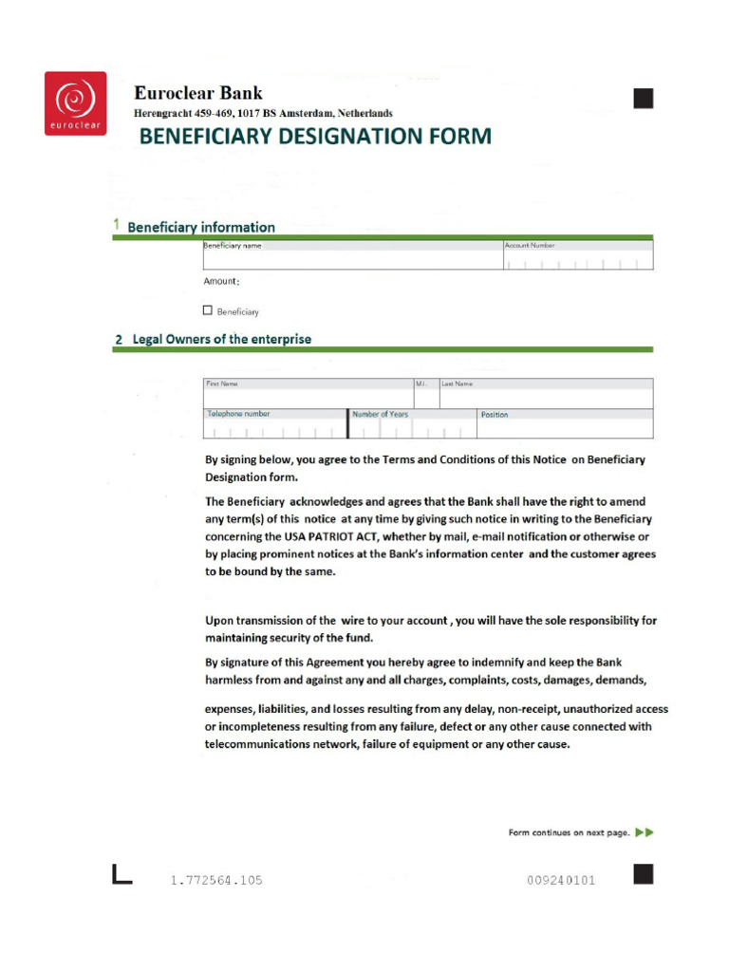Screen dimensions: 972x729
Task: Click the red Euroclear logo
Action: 75,103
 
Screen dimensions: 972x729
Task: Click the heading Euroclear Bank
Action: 198,93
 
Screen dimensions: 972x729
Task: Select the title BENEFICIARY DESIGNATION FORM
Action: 315,137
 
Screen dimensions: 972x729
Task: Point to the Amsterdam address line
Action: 263,113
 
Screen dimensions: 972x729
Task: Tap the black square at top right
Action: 644,97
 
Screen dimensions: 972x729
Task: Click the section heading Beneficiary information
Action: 201,227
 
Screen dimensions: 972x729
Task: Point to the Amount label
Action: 221,282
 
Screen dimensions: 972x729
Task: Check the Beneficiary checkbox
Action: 208,309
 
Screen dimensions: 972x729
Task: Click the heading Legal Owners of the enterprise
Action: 221,339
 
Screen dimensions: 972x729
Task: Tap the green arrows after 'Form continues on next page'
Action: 645,832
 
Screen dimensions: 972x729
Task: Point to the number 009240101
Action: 561,880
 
